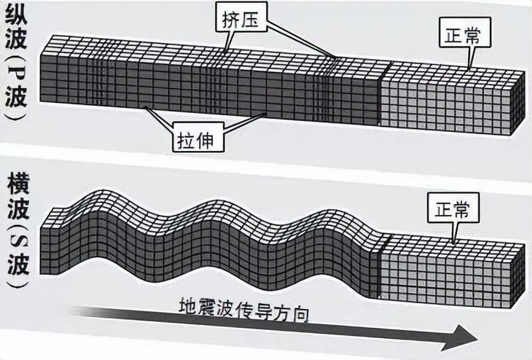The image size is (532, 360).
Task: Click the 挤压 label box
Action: tap(241, 20)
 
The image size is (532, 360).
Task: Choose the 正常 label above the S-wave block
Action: tap(453, 208)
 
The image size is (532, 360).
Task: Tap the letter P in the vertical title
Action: tap(16, 74)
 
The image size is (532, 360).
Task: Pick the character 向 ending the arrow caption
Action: tap(300, 313)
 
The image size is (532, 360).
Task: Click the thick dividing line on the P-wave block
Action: tap(379, 94)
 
